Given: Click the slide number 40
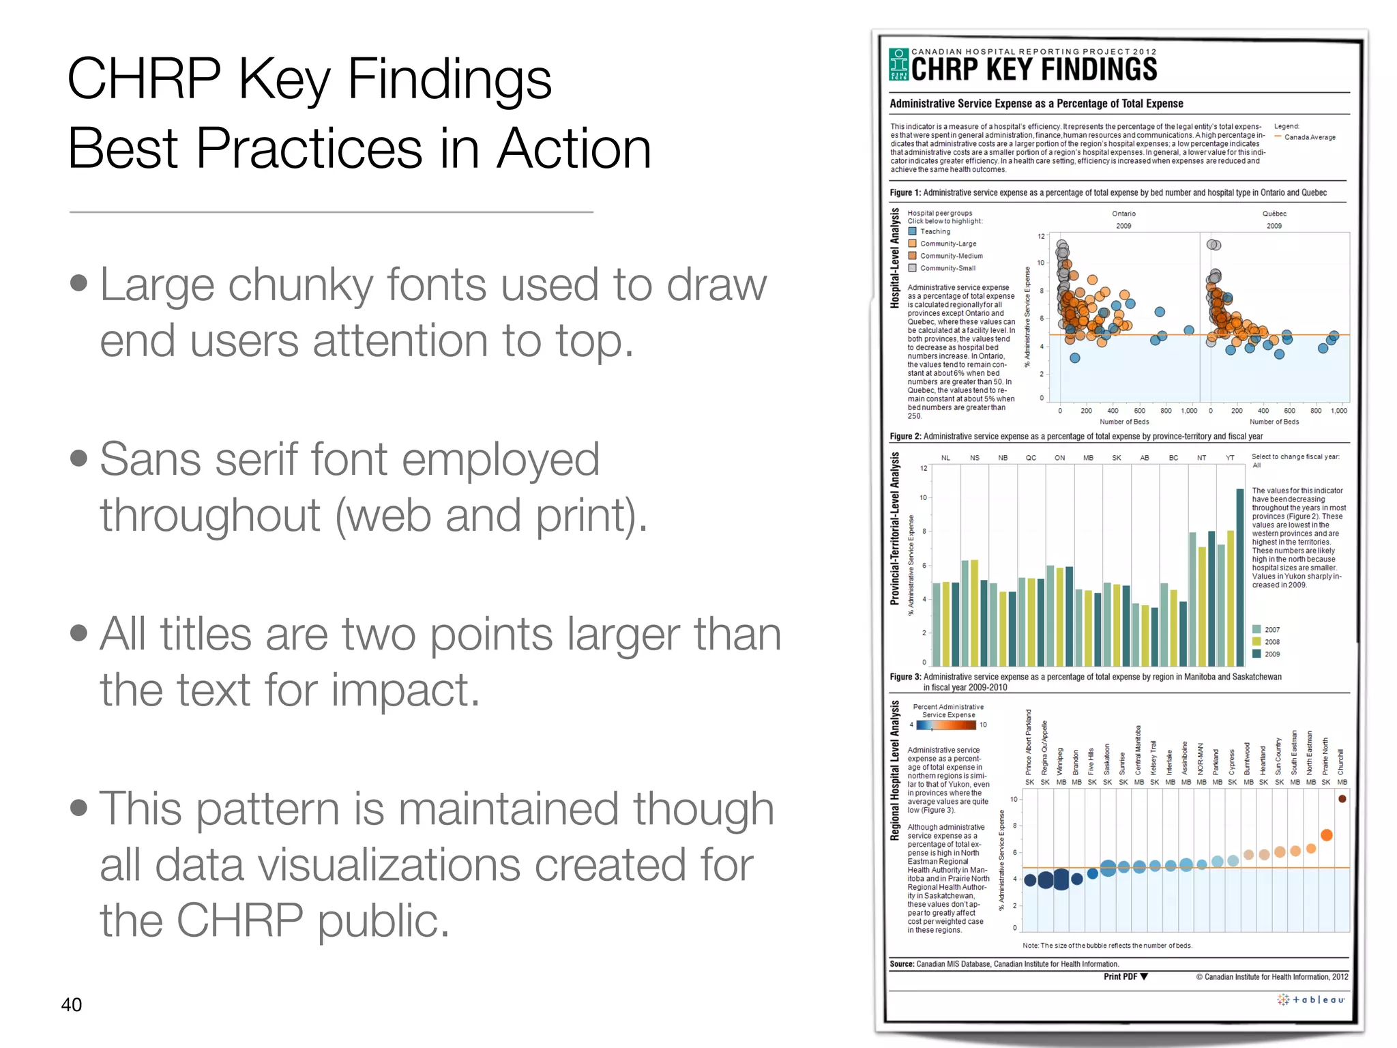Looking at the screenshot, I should (x=71, y=1004).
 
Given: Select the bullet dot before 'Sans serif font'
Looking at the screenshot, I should (x=79, y=458).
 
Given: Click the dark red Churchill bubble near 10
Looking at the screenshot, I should (x=1342, y=799).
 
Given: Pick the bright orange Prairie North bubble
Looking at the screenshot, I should (x=1326, y=835).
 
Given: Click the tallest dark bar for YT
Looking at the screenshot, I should (x=1240, y=577).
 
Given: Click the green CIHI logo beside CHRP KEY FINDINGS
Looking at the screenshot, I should (x=899, y=65).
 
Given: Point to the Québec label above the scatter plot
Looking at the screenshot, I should (x=1274, y=214).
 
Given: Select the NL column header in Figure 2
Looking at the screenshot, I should (x=945, y=458).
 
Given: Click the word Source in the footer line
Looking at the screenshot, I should (x=901, y=964).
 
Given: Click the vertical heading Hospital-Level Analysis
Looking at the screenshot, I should (x=895, y=259).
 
